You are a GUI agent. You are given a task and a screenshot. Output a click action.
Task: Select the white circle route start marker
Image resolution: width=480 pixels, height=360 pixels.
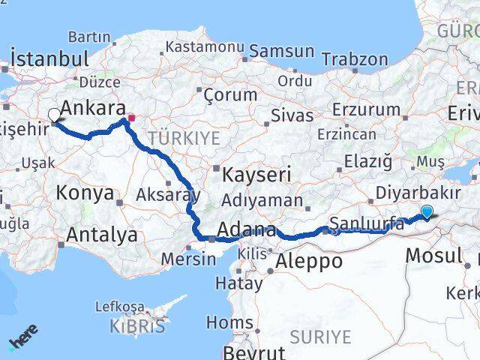(x=55, y=115)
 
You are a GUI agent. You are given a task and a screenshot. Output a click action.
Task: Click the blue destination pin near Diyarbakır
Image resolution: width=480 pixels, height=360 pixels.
(x=427, y=212)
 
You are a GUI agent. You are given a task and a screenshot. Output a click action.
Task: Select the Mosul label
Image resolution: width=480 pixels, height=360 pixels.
(x=433, y=256)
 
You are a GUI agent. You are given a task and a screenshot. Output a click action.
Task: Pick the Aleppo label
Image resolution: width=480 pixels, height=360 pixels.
(x=309, y=261)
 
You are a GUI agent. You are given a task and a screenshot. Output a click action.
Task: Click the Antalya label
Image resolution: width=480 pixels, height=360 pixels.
(x=102, y=235)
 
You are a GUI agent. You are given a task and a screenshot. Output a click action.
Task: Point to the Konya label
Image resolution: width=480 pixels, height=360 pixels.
(x=85, y=193)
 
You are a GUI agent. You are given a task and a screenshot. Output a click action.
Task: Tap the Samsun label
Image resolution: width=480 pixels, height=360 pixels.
(x=281, y=51)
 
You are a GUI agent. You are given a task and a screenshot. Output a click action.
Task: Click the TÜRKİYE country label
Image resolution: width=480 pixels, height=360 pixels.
(x=183, y=138)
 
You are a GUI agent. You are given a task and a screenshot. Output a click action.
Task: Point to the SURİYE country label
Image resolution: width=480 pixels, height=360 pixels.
(x=320, y=335)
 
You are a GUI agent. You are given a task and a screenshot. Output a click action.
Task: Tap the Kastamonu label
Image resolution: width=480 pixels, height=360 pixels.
(x=205, y=46)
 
